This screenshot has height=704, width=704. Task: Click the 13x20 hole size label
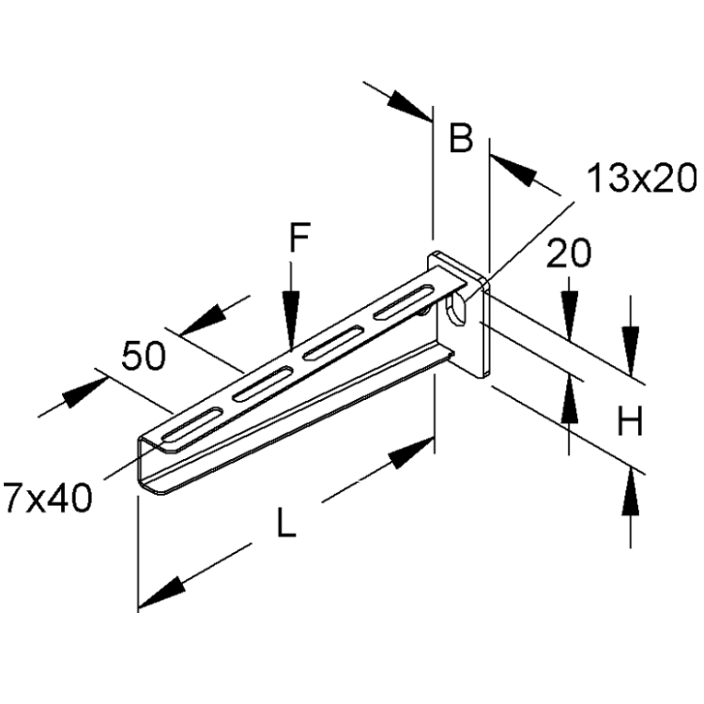tap(642, 178)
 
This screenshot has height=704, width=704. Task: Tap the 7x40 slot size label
tap(47, 497)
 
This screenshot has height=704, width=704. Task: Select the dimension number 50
tap(144, 356)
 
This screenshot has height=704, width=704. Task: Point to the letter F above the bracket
tap(299, 237)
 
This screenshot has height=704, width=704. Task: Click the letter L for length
tap(286, 522)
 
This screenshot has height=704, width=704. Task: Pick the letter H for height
tap(630, 421)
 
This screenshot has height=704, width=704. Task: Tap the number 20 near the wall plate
tap(569, 253)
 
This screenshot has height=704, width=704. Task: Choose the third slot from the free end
tap(333, 343)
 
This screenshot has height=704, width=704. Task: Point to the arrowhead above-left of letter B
tap(408, 105)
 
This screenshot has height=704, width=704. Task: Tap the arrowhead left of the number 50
tap(84, 393)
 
